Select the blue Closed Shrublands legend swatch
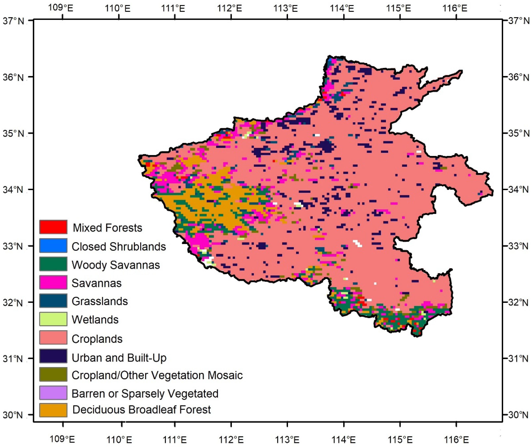(53, 246)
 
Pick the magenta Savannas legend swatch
(53, 282)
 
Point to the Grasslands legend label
(100, 301)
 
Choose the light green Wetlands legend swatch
(53, 319)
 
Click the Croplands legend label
(97, 339)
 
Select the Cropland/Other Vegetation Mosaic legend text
(157, 375)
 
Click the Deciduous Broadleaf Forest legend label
(142, 409)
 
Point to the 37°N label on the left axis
(13, 21)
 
